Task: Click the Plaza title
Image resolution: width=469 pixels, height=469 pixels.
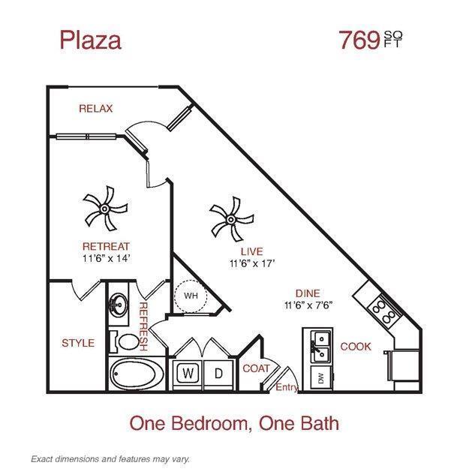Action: tap(90, 40)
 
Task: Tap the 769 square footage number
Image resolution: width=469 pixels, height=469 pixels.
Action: tap(359, 40)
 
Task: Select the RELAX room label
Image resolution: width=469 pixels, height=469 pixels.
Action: tap(95, 109)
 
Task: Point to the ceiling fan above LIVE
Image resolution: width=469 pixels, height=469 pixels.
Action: tap(227, 216)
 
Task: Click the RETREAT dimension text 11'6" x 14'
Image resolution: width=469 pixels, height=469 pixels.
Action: tap(106, 257)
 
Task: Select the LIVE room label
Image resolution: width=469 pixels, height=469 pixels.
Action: tap(251, 251)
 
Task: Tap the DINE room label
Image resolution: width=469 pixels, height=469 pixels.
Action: tap(308, 293)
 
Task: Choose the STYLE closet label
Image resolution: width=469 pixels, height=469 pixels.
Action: tap(78, 343)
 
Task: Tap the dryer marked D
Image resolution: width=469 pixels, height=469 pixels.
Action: tap(218, 372)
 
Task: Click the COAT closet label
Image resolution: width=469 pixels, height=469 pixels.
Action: tap(256, 368)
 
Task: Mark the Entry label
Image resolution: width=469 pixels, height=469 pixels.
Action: tap(287, 387)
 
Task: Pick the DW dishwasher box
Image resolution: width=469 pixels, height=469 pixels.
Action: tap(321, 377)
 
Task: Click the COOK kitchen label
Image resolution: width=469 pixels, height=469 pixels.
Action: tap(356, 347)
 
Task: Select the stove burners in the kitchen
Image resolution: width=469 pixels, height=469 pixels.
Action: tap(380, 311)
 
